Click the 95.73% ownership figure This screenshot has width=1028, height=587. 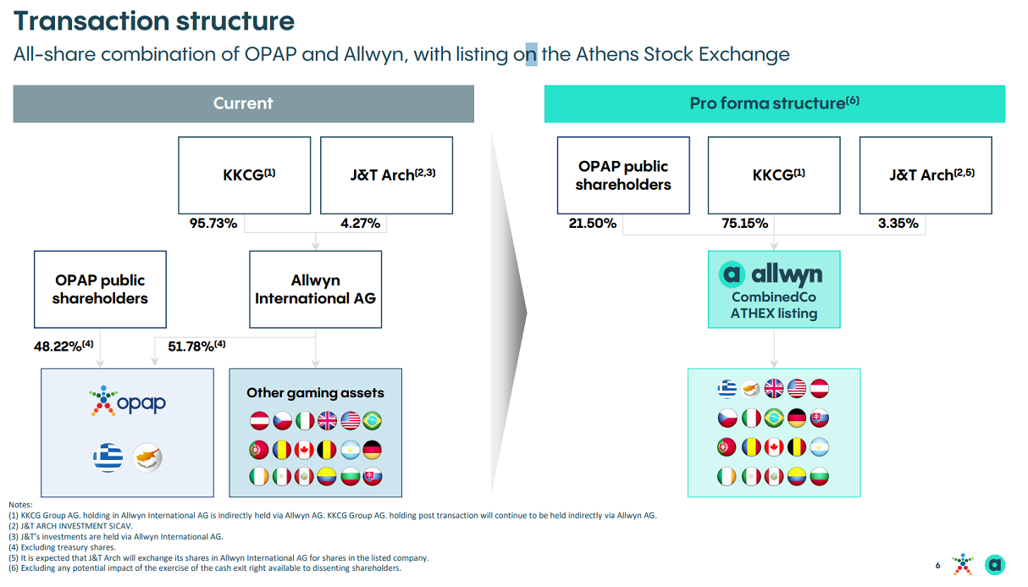tap(213, 224)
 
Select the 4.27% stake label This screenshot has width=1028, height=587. tap(360, 224)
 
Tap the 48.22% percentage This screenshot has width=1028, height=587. tap(64, 346)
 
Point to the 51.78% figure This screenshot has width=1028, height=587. tap(196, 346)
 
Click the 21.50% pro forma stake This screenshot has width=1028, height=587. tap(593, 224)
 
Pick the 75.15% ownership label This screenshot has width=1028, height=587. tap(745, 224)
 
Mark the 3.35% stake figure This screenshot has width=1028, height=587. tap(898, 224)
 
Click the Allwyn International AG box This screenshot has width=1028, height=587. tap(315, 289)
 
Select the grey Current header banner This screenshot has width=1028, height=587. tap(243, 103)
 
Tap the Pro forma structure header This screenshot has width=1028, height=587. tap(775, 103)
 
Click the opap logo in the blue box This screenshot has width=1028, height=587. tap(128, 401)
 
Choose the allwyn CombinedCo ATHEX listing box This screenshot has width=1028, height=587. tap(774, 289)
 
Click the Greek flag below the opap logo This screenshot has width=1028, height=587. tap(108, 457)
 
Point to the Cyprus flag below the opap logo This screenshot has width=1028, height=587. tap(146, 457)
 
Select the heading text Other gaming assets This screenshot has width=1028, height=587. tap(315, 393)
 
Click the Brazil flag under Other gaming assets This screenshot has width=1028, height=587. tap(373, 421)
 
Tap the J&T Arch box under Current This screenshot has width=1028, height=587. tap(386, 175)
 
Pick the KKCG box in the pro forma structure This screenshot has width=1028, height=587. tap(774, 175)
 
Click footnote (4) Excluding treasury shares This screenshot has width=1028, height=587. tap(63, 547)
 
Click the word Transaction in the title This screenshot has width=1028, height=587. tap(91, 21)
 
